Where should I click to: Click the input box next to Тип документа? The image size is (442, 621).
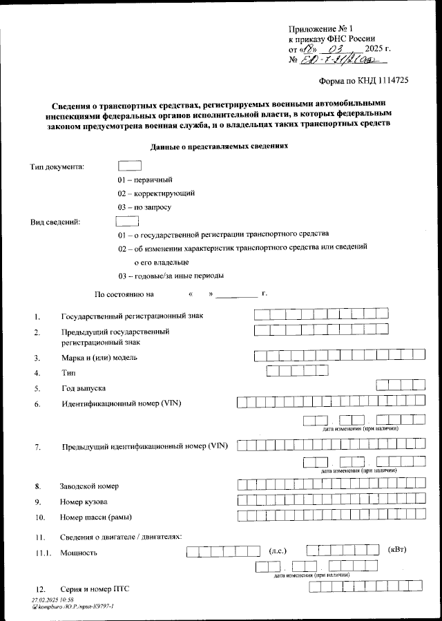pos(130,166)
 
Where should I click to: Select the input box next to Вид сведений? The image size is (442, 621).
pos(128,221)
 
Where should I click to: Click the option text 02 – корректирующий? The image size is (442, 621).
pos(155,193)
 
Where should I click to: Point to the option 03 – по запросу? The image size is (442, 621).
pos(144,207)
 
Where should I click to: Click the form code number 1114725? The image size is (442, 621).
pos(387,80)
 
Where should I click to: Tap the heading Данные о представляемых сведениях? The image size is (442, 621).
pos(219,146)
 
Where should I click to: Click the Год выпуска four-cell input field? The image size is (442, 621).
pos(401,385)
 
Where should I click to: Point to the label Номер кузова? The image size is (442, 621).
pos(84,501)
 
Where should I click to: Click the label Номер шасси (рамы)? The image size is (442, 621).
pos(96,517)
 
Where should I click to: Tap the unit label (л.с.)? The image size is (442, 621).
pos(277,551)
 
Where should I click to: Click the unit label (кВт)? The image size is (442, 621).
pos(398,550)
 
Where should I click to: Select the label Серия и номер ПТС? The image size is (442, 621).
pos(95,589)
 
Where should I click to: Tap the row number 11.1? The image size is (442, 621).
pos(43,553)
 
